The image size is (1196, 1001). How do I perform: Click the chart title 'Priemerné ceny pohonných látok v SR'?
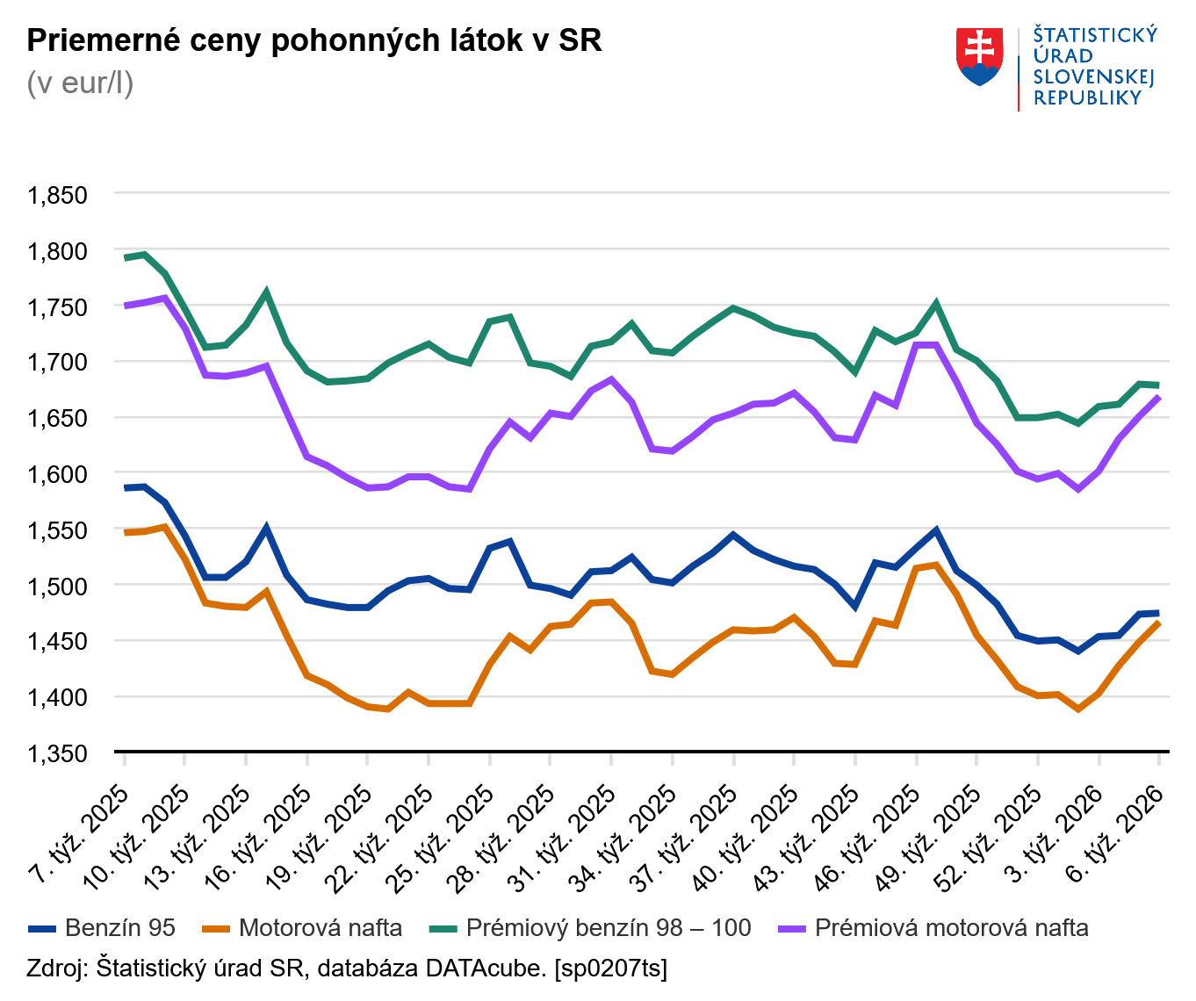[x=314, y=41]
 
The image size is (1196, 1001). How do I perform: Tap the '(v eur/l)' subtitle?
[x=80, y=83]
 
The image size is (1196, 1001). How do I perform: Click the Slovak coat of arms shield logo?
[x=979, y=57]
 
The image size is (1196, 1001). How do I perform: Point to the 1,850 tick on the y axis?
[x=58, y=195]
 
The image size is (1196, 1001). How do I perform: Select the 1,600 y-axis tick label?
[x=58, y=474]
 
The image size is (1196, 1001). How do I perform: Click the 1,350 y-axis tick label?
[x=58, y=753]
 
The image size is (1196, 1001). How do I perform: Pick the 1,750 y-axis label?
[x=58, y=307]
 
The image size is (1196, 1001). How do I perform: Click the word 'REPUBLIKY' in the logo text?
[x=1087, y=98]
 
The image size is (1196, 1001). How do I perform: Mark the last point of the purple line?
[x=1159, y=397]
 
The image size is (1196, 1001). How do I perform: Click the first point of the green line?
[x=125, y=257]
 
